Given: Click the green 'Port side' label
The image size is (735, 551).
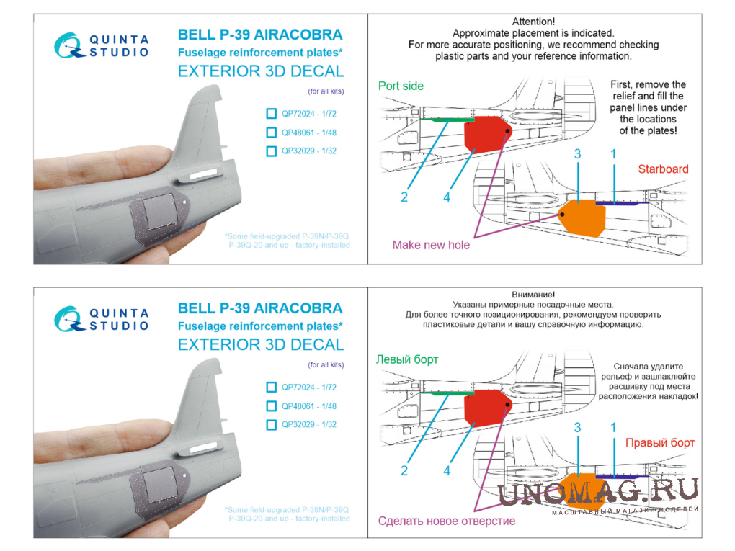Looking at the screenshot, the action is coord(401,86).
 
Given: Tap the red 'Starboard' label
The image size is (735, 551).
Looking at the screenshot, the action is coord(663,169).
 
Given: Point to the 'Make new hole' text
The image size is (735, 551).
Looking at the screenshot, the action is coord(431,245).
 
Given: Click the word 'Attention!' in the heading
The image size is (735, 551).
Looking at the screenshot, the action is coord(533,22).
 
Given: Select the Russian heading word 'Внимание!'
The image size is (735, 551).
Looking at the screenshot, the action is coord(533,295).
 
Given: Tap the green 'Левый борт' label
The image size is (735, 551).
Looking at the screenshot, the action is coord(407,359).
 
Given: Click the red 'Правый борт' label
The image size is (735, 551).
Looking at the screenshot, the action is coord(660,443).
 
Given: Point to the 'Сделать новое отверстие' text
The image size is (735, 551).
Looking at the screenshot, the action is coord(446,521).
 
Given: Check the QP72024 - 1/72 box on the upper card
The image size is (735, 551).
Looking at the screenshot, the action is coord(272,113).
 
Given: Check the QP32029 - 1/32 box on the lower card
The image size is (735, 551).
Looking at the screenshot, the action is coord(272,424).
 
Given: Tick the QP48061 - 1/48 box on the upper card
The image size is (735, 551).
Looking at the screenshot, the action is coord(272,133).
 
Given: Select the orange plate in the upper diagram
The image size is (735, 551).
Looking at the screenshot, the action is coord(582,218).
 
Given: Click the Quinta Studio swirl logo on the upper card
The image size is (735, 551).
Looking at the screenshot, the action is coord(69,46).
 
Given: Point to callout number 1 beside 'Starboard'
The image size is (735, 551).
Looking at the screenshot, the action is coord(613,153).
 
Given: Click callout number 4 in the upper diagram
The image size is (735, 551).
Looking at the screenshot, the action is coord(447,197).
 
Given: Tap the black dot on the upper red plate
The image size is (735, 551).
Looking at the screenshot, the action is coord(508,130).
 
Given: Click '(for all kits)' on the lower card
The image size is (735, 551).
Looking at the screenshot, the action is coord(326,365).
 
